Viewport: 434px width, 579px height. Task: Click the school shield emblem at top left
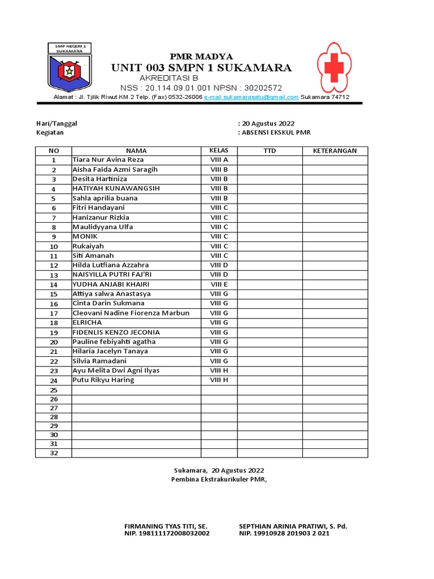click(69, 67)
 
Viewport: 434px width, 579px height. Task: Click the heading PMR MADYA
click(202, 56)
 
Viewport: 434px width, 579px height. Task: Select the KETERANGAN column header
click(335, 151)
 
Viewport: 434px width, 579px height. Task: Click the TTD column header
click(270, 151)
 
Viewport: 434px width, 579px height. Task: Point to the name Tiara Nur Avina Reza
click(108, 160)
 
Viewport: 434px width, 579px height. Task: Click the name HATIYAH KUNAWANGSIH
click(116, 188)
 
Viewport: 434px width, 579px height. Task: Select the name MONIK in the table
click(85, 236)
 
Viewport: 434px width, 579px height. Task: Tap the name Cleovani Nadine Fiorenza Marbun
click(131, 313)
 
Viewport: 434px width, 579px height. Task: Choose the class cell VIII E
click(219, 284)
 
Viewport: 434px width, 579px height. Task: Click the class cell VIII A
click(219, 160)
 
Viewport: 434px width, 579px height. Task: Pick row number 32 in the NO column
click(54, 453)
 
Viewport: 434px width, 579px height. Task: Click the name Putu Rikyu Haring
click(103, 380)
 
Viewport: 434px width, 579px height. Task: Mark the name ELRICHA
click(87, 322)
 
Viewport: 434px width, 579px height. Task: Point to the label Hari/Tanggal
click(56, 123)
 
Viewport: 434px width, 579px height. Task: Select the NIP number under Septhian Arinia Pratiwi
click(284, 533)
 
